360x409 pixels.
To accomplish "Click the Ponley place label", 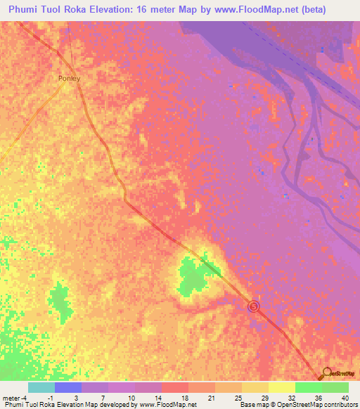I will point(69,79).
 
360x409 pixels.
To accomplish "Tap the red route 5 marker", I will point(254,306).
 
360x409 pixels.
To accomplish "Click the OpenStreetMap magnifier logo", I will point(326,372).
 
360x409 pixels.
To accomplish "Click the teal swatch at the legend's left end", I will point(41,387).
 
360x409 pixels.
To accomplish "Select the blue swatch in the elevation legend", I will point(67,387).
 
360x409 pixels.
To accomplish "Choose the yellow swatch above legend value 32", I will point(281,387).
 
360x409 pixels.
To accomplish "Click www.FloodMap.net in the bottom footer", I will point(167,405).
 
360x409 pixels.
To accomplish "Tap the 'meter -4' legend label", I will point(15,397).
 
